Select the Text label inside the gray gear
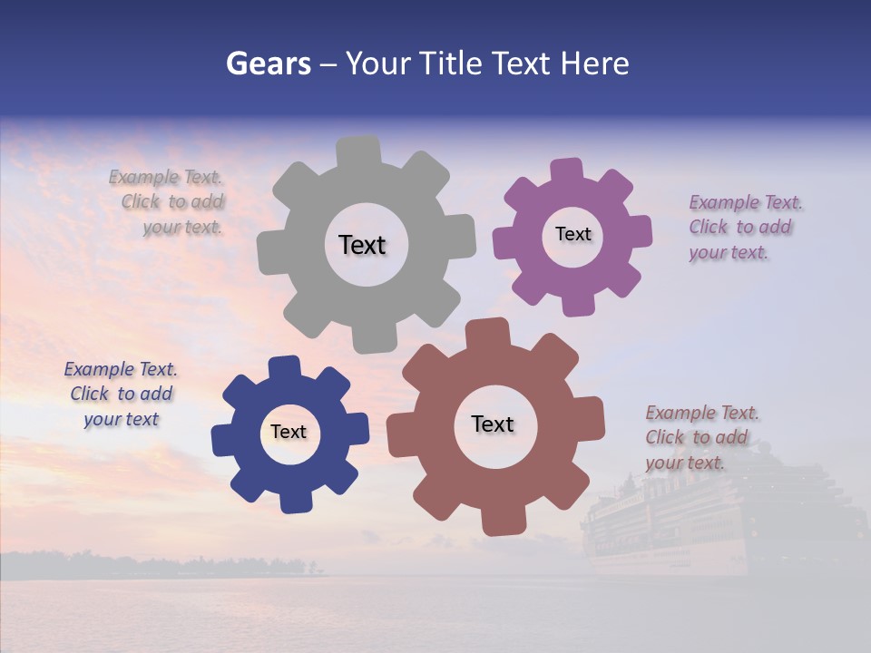click(362, 245)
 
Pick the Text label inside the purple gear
click(573, 234)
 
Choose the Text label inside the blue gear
click(289, 432)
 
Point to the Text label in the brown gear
click(493, 424)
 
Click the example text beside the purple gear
click(740, 227)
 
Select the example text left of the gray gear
click(172, 201)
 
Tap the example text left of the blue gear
click(122, 394)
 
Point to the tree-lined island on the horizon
click(181, 564)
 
